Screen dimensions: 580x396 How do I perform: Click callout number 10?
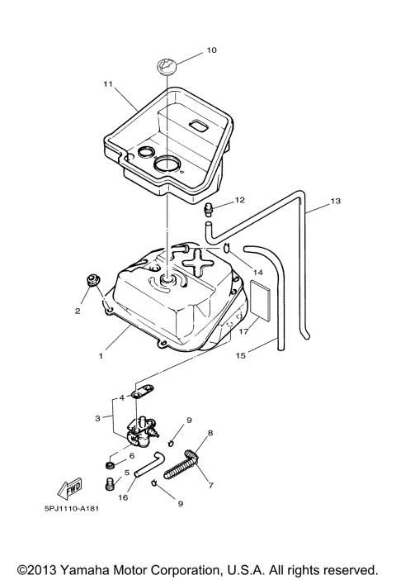[211, 50]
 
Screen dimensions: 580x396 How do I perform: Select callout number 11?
[107, 84]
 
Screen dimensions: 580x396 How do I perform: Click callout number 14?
[258, 272]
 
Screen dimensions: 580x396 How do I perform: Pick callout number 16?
[124, 498]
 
